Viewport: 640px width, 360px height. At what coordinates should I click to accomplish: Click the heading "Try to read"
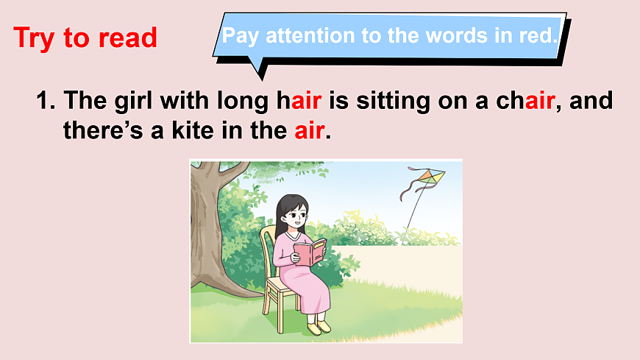85,38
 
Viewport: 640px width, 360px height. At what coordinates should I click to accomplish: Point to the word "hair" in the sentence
299,100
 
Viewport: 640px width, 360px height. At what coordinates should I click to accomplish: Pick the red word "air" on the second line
309,130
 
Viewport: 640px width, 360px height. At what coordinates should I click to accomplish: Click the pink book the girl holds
310,253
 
